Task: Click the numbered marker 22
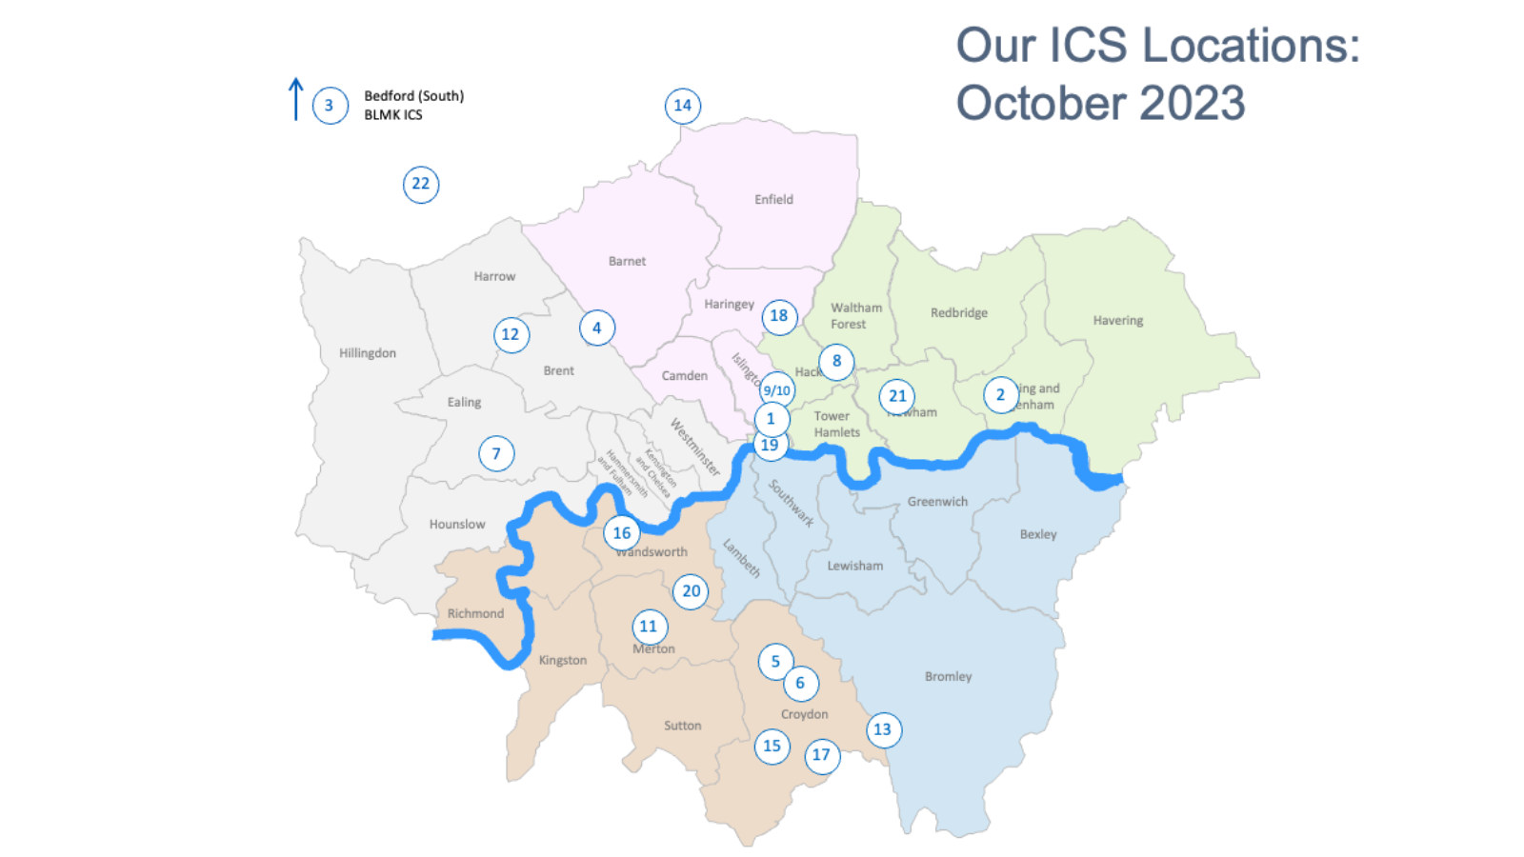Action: [421, 185]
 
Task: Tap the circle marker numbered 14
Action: [683, 106]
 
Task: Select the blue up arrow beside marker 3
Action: [296, 99]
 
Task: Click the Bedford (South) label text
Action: [413, 96]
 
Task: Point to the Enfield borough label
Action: [773, 200]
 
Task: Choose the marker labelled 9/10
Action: [777, 390]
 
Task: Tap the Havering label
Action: [1117, 321]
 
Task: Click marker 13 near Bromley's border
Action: [883, 730]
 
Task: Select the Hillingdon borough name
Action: [367, 353]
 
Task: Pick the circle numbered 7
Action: [496, 454]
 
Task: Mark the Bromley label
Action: [948, 677]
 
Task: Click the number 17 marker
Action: [821, 756]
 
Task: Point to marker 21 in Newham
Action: [897, 396]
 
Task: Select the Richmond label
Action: [475, 614]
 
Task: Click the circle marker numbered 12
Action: [511, 335]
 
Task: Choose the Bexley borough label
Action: [1038, 535]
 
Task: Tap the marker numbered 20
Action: [692, 591]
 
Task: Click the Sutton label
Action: [682, 726]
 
